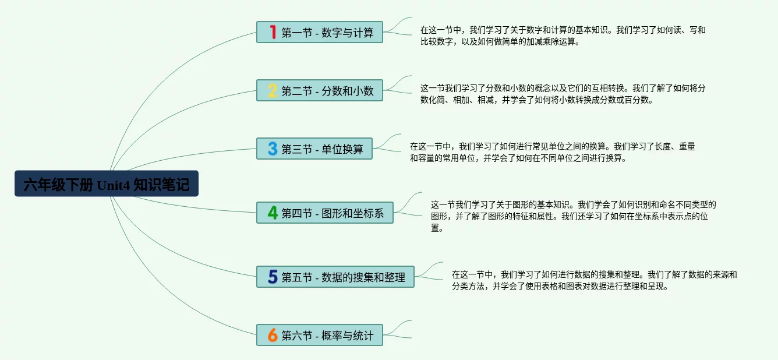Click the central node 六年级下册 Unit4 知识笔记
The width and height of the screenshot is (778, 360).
tap(107, 183)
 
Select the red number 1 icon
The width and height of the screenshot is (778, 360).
tap(273, 32)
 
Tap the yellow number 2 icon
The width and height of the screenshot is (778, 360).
tap(273, 90)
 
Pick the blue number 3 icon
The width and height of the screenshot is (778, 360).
tap(273, 149)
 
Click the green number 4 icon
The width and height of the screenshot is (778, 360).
tap(273, 213)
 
